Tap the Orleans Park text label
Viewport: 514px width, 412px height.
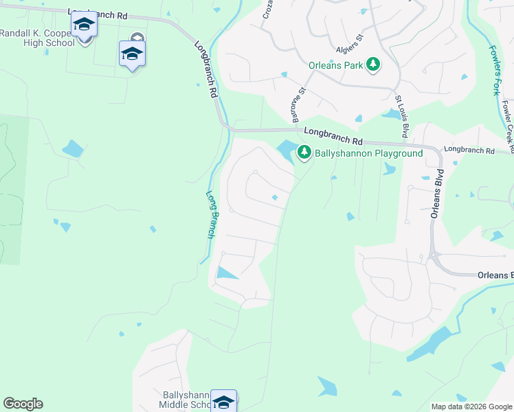pos(335,66)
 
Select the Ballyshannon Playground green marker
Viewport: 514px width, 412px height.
pos(304,154)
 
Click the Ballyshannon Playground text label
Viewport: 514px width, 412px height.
pos(368,154)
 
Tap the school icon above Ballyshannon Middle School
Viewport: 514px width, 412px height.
pos(223,402)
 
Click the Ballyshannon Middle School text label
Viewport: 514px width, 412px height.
pos(184,400)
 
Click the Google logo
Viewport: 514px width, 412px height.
pos(23,404)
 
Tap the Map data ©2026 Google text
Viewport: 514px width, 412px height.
pos(472,407)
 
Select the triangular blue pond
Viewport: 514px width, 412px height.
pos(225,273)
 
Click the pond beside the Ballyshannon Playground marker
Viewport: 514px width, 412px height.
pos(285,148)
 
